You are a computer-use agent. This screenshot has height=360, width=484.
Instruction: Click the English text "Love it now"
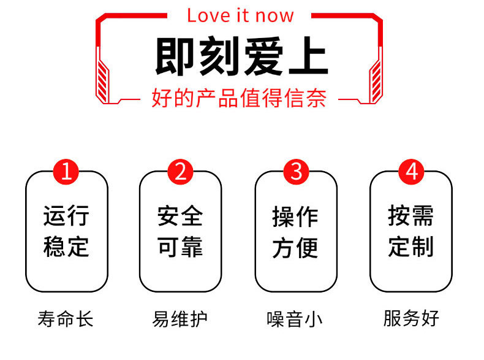coord(240,15)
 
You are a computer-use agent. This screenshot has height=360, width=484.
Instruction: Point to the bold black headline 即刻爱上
coord(241,57)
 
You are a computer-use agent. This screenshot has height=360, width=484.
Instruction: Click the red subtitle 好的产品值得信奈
coord(239,98)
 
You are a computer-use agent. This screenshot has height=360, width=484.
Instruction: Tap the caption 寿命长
coord(66,320)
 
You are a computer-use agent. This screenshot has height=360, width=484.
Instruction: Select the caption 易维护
coord(180,320)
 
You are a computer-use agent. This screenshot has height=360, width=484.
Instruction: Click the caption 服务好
coord(411,320)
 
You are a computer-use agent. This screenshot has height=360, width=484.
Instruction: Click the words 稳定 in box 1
coord(66,247)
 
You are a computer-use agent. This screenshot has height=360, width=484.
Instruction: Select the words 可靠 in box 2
coord(180,247)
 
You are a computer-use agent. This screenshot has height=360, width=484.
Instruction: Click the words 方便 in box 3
coord(295,247)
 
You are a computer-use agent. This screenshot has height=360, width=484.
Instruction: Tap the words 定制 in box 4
coord(410,247)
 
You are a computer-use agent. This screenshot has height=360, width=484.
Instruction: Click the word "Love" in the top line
coord(207,15)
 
